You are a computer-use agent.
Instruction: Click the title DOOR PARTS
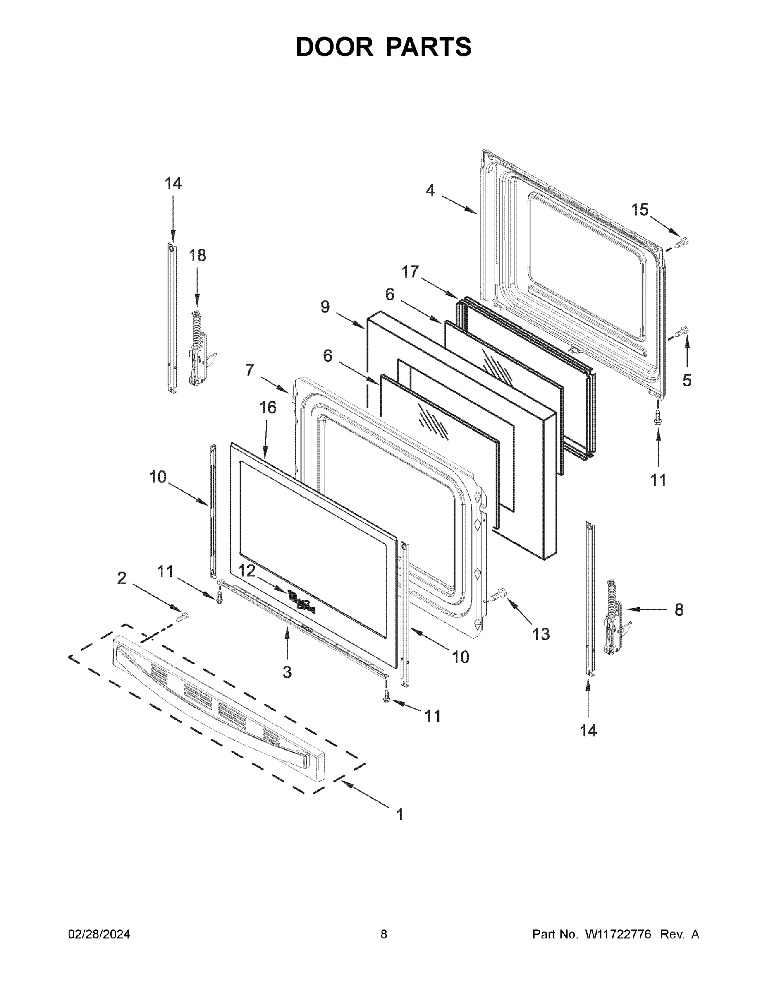[384, 47]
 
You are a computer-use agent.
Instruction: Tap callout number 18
[197, 256]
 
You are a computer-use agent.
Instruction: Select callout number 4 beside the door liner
[430, 190]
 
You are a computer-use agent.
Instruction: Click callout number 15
[639, 210]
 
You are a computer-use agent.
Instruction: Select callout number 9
[325, 307]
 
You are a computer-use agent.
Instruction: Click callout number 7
[249, 370]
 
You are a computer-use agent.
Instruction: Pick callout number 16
[268, 408]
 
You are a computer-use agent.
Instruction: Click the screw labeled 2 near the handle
[183, 617]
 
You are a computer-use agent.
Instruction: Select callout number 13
[541, 634]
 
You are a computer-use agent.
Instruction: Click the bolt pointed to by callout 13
[499, 594]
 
